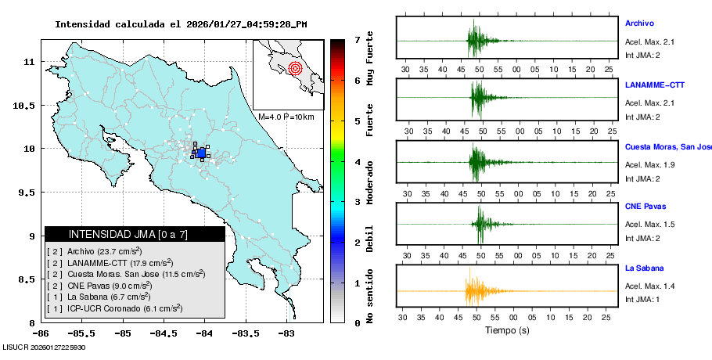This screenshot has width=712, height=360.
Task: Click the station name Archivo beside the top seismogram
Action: [x=639, y=23]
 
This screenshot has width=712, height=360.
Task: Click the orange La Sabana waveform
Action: [x=477, y=291]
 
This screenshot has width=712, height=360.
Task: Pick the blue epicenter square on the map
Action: [x=201, y=153]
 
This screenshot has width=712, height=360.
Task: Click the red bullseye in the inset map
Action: [x=295, y=68]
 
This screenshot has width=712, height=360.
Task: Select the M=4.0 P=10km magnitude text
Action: [x=286, y=117]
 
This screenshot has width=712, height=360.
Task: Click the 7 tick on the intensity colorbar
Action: [x=357, y=39]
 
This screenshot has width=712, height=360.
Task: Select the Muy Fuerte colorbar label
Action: [x=370, y=59]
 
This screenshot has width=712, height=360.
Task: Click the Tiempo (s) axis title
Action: [x=506, y=330]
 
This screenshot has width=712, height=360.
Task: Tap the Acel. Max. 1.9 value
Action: [x=649, y=165]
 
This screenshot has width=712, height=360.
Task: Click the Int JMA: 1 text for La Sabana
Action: [x=643, y=299]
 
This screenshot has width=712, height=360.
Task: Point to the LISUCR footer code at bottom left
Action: [x=44, y=347]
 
